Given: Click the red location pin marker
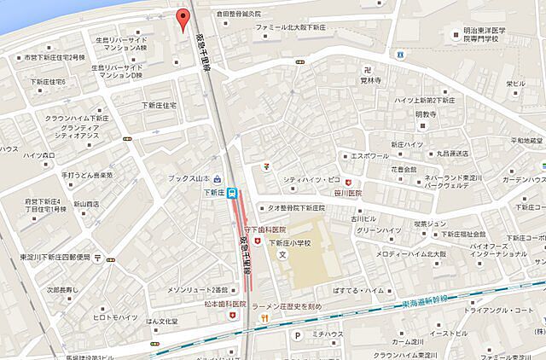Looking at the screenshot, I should click(x=181, y=17).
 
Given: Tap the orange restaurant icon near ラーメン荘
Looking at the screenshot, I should click(x=264, y=318).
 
